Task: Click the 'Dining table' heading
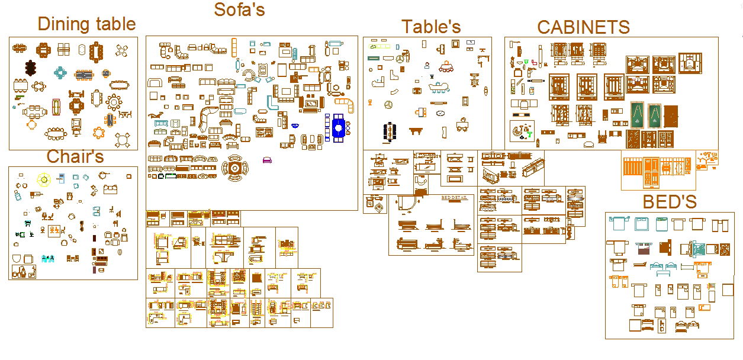tap(86, 24)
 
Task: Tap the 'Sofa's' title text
tap(239, 9)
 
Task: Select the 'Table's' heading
tap(431, 27)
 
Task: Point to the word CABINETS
tap(583, 27)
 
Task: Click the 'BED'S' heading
tap(670, 202)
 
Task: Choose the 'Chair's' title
tap(75, 156)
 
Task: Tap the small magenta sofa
tap(267, 159)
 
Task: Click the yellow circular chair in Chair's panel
tap(43, 178)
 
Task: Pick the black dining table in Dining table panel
tap(31, 68)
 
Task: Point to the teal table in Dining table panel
tap(60, 73)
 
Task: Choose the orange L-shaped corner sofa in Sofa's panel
tap(349, 105)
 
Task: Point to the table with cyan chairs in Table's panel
tap(439, 89)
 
